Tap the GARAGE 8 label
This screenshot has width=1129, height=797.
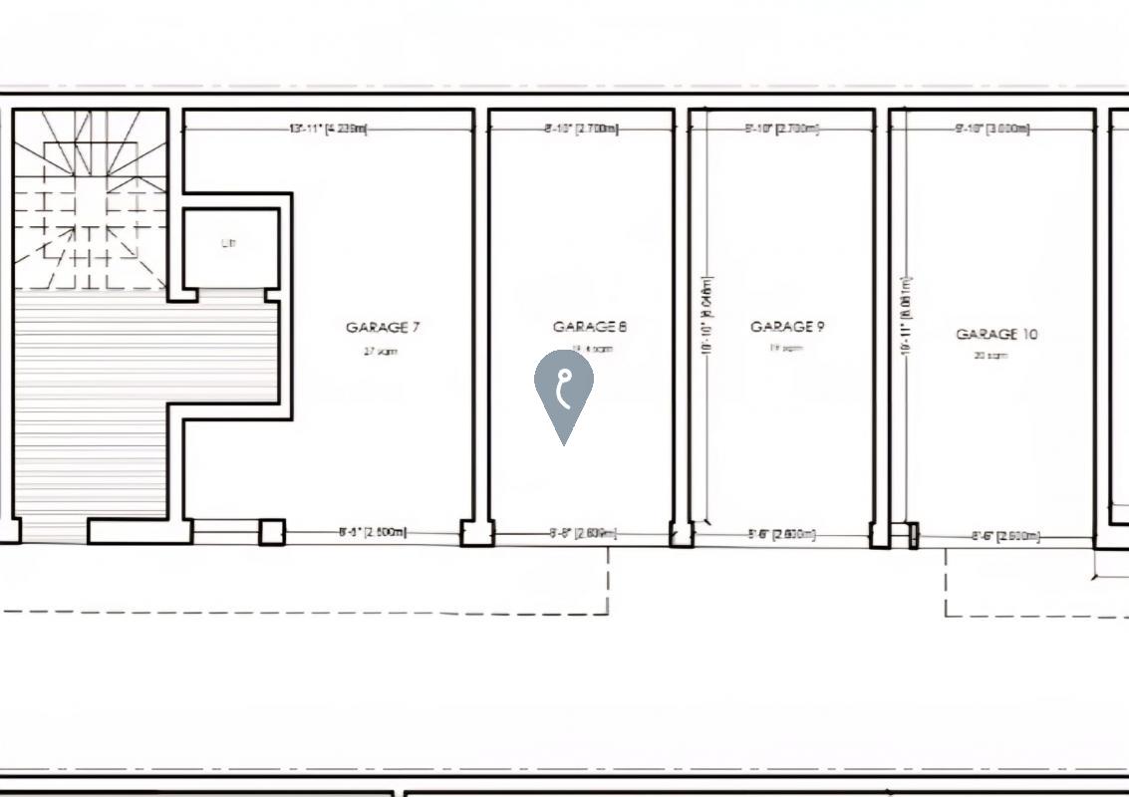[590, 327]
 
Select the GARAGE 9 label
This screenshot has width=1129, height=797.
[787, 326]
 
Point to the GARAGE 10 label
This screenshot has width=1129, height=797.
[996, 335]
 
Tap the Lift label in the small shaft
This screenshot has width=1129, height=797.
[229, 244]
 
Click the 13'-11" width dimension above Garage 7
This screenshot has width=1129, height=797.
[328, 129]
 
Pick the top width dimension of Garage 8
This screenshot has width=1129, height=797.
[581, 129]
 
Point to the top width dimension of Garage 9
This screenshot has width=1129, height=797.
[782, 129]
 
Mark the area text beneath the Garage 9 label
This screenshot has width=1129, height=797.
[786, 349]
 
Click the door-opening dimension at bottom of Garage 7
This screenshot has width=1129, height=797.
[373, 532]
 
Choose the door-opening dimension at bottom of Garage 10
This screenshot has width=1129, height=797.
[1005, 536]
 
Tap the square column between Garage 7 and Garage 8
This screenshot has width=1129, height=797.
[476, 533]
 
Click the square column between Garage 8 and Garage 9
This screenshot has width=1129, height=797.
[682, 535]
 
